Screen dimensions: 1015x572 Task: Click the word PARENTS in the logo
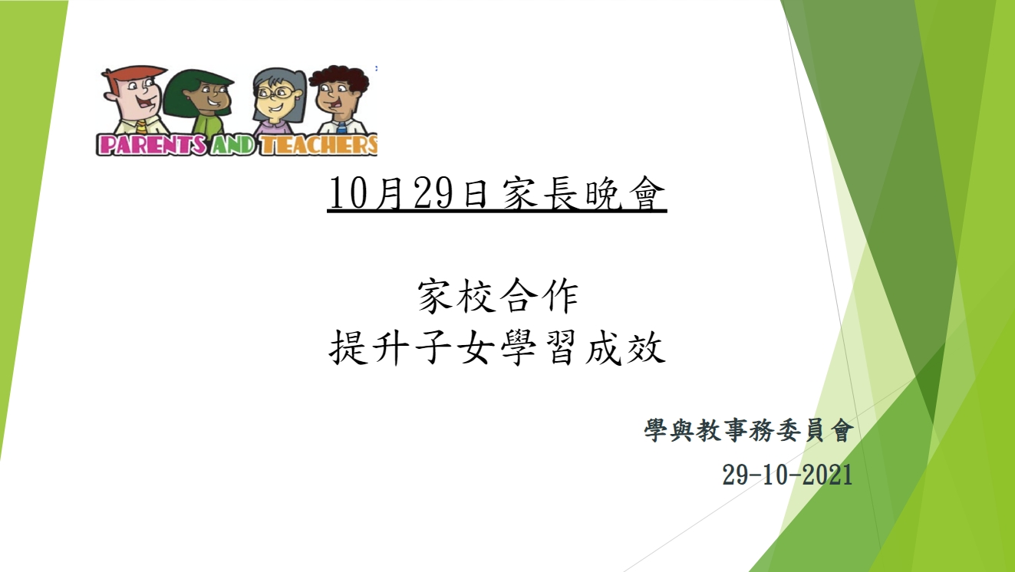(x=151, y=145)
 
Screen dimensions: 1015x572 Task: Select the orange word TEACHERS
(x=319, y=145)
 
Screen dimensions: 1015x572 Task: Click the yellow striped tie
(x=142, y=127)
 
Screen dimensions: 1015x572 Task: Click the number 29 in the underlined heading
(x=433, y=193)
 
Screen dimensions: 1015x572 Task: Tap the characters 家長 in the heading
(x=539, y=193)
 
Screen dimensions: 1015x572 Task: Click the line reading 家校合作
(x=498, y=296)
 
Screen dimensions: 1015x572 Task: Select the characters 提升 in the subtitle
(x=370, y=347)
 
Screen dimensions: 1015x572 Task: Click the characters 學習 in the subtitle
(x=539, y=347)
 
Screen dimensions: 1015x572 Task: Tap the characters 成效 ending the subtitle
(x=624, y=347)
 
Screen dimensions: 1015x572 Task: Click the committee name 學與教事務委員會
(x=749, y=430)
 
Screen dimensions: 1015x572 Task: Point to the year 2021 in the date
(x=827, y=475)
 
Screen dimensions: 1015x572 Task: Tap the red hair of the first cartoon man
(x=136, y=73)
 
